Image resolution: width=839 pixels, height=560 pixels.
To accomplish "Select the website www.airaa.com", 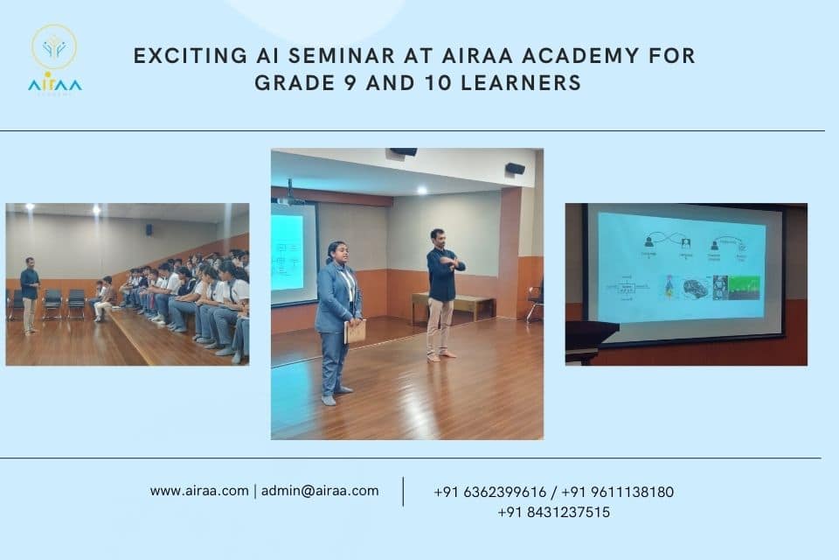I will tap(199, 491).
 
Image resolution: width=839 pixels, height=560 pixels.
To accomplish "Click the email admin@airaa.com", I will tap(320, 491).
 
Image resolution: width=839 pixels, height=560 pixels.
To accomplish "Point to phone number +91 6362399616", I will tap(490, 492).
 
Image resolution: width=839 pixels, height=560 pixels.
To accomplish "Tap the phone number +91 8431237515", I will tap(554, 513).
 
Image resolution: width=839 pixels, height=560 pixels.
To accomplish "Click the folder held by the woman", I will tap(355, 332).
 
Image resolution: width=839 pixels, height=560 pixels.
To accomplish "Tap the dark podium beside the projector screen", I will tap(590, 337).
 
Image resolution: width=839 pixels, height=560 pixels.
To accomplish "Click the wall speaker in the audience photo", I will tap(149, 230).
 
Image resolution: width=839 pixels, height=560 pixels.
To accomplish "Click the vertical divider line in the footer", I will tap(403, 492).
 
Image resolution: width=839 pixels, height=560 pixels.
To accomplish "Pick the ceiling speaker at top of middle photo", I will tap(403, 152).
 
